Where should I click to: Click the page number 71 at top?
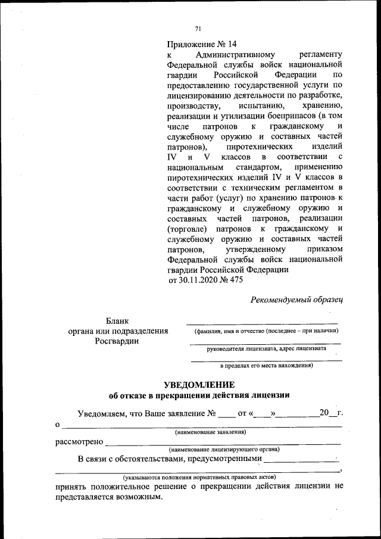coord(198,28)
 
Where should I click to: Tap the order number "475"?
coord(236,280)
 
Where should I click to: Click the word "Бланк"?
coord(117,322)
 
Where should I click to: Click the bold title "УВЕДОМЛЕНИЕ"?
coord(199,384)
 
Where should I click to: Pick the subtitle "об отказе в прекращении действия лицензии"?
coord(199,395)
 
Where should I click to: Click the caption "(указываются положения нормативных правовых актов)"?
coord(199,478)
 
